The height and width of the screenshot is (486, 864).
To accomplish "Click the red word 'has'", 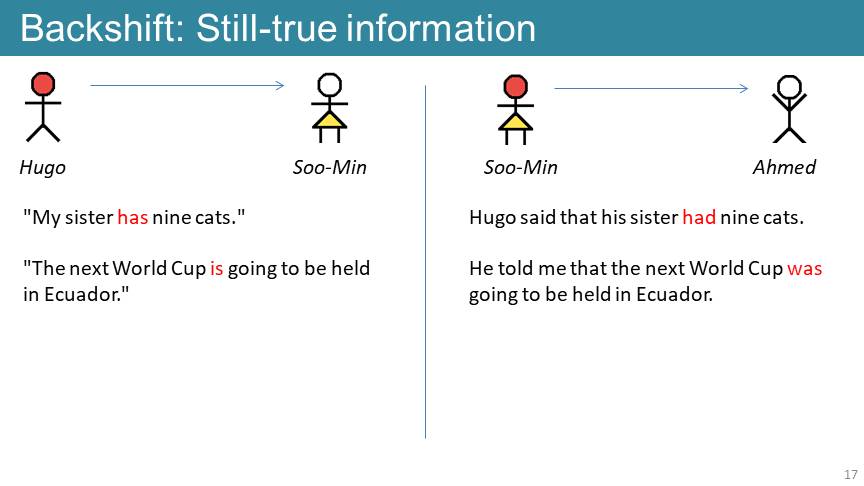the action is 133,217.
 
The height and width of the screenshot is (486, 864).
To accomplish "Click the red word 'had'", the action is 699,217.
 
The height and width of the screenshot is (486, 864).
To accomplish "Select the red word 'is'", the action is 217,268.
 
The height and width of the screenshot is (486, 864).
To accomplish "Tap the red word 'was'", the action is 805,268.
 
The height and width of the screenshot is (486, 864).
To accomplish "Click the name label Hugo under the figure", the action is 42,168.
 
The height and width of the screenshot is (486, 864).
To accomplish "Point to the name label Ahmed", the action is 784,167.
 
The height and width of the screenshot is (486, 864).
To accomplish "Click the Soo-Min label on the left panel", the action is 330,167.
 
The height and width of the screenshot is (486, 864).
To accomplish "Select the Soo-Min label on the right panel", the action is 521,167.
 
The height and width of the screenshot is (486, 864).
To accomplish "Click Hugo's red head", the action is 43,84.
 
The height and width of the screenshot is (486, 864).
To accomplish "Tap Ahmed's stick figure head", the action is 789,87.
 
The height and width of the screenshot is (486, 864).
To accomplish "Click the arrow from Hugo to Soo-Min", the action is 187,85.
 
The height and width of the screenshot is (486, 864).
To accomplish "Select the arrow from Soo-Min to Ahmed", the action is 651,88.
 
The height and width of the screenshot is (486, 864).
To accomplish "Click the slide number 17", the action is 851,474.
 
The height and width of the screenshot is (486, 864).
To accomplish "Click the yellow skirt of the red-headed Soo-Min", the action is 515,122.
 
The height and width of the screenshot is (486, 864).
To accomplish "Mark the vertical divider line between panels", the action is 425,262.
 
